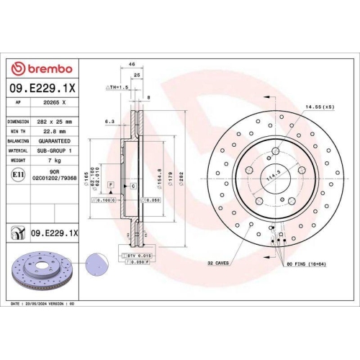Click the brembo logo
(41, 68)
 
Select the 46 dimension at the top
(132, 65)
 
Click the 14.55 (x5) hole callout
(319, 107)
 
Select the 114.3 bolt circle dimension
(272, 175)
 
